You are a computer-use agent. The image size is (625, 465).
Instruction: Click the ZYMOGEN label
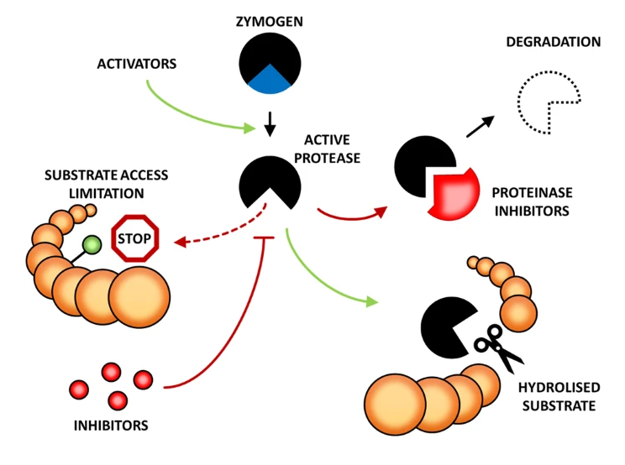270,21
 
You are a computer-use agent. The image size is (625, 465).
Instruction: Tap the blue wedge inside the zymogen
270,81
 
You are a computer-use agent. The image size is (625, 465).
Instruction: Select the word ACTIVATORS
137,64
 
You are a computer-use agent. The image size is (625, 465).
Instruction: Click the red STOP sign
135,238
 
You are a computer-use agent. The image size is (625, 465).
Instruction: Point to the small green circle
92,244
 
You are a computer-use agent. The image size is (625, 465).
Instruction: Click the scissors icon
498,347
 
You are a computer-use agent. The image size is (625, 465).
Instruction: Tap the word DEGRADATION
554,42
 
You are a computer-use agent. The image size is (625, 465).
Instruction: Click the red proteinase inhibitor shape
454,194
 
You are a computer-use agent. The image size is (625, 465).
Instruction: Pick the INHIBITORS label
111,426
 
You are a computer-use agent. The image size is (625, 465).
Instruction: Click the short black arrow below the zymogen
270,124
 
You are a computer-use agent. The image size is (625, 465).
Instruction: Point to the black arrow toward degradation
481,127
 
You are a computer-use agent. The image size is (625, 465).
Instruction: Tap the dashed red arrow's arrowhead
180,242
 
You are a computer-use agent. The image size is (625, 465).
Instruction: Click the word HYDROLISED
559,388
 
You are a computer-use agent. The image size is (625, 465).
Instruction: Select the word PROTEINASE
532,193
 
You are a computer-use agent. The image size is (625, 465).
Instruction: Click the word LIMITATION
107,194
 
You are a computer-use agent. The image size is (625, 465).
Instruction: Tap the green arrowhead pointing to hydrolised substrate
371,302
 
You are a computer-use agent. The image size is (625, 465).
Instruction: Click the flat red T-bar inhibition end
264,238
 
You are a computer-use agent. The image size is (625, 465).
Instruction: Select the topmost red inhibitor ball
111,373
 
